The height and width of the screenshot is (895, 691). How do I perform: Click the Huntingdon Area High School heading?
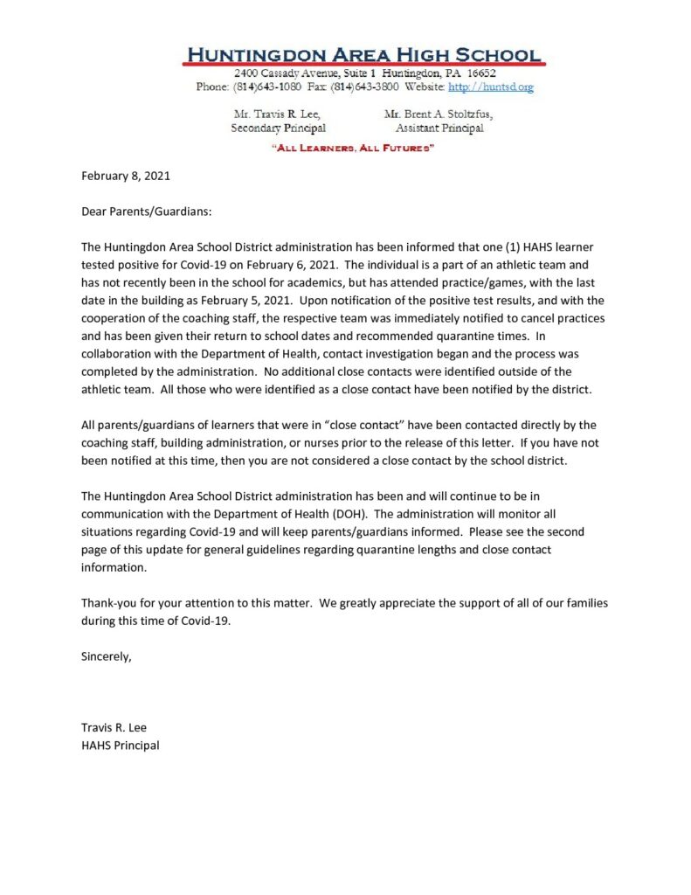pos(363,53)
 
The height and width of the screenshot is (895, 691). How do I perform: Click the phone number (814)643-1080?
pos(260,87)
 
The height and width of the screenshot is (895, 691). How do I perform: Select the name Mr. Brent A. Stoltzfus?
pos(438,114)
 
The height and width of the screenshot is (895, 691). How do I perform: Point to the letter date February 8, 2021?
pos(125,176)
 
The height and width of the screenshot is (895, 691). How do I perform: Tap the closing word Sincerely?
pos(107,656)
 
